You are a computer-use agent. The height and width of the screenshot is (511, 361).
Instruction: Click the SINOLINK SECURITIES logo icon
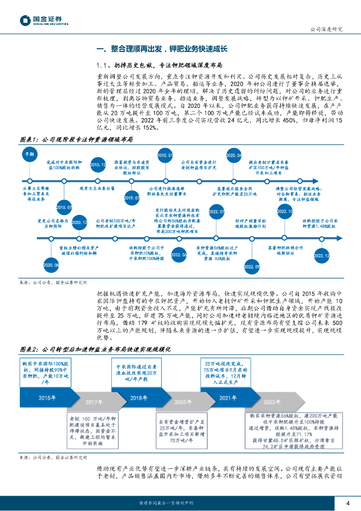(x=25, y=20)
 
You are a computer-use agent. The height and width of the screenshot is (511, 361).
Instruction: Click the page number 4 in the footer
(x=348, y=502)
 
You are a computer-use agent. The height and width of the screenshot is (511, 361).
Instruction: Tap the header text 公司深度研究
(x=326, y=29)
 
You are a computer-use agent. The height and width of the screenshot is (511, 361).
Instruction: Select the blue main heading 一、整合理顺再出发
(x=162, y=49)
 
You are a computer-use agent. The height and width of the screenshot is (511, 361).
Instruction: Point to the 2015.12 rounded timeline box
(x=98, y=164)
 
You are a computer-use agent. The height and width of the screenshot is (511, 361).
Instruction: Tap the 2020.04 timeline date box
(x=233, y=156)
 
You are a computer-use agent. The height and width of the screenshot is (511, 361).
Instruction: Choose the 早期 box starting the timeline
(x=30, y=155)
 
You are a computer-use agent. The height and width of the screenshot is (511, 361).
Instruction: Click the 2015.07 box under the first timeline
(x=64, y=207)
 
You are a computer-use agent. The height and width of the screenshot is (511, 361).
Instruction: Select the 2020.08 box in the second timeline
(x=51, y=263)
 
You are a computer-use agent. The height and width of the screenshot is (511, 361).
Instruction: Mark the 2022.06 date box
(x=179, y=255)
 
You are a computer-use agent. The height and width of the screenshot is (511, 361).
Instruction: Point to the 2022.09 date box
(x=251, y=267)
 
